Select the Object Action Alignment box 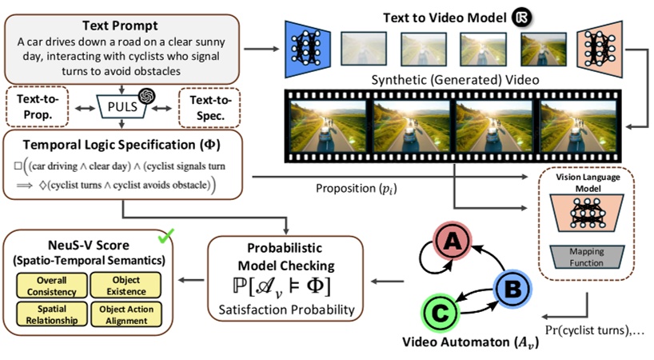point(125,314)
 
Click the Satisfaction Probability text point(287,308)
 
